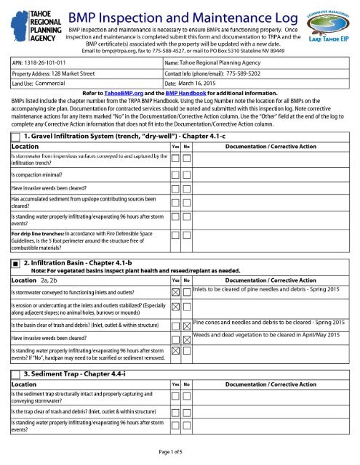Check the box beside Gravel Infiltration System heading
16,137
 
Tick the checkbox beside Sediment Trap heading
16,373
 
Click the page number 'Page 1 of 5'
179,453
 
